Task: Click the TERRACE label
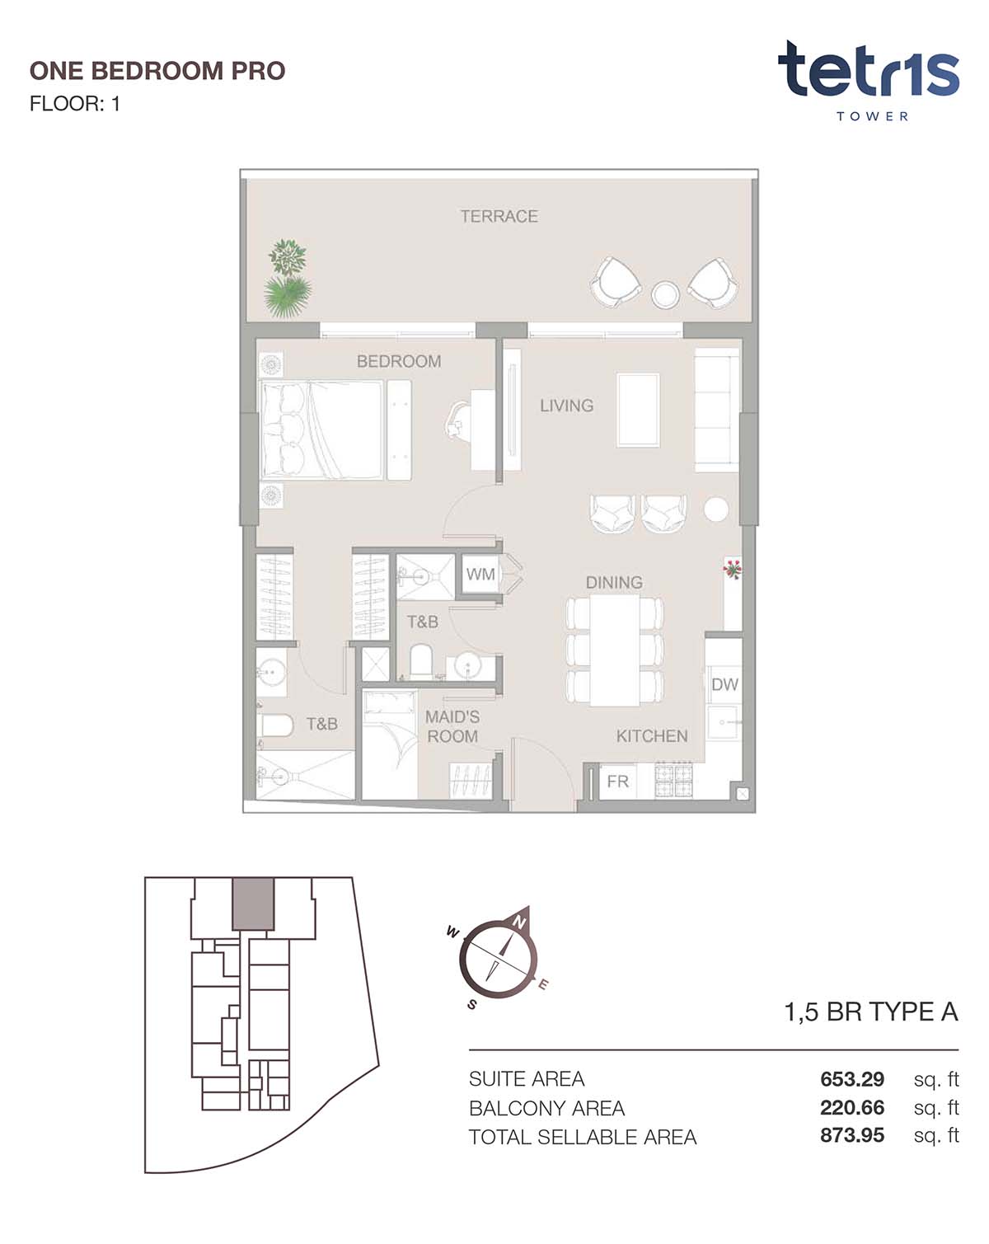[x=499, y=216]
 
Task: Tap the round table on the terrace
[x=665, y=295]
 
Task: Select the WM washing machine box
[x=480, y=574]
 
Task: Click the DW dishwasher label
[x=724, y=684]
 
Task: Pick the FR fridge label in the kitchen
[x=617, y=782]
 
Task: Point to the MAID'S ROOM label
[x=452, y=726]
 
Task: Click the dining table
[x=615, y=650]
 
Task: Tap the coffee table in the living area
[x=638, y=410]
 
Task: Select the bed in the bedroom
[x=322, y=430]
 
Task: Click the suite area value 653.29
[x=852, y=1078]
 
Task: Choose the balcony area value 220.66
[x=852, y=1107]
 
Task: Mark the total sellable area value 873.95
[x=852, y=1135]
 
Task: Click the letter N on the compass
[x=520, y=923]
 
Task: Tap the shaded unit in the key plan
[x=252, y=904]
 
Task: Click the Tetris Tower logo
[x=869, y=80]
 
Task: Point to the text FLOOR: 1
[x=74, y=104]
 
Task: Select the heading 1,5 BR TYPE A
[x=870, y=1012]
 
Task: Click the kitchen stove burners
[x=673, y=781]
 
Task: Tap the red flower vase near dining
[x=732, y=569]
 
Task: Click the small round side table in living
[x=715, y=509]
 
